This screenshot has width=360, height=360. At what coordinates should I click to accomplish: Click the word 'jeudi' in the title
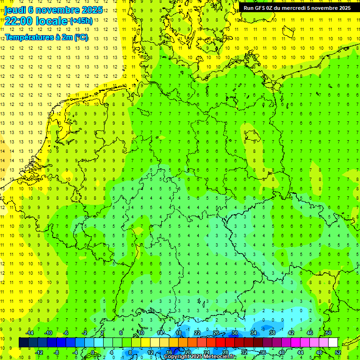[x=15, y=9]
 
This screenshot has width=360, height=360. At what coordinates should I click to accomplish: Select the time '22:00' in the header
[x=19, y=21]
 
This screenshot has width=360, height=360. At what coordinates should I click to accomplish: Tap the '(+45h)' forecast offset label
[x=81, y=21]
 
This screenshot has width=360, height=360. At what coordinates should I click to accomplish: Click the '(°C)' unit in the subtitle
[x=81, y=37]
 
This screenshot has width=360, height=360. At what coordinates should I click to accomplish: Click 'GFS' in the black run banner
[x=260, y=8]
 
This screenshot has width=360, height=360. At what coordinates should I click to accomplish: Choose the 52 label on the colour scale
[x=338, y=352]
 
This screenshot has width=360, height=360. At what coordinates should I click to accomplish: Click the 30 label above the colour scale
[x=234, y=333]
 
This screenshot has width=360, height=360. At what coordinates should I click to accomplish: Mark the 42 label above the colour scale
[x=291, y=333]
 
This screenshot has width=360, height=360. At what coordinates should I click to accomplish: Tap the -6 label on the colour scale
[x=66, y=333]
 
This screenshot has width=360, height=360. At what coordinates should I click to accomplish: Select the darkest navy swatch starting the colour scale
[x=23, y=342]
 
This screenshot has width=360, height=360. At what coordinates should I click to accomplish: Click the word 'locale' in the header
[x=50, y=21]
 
